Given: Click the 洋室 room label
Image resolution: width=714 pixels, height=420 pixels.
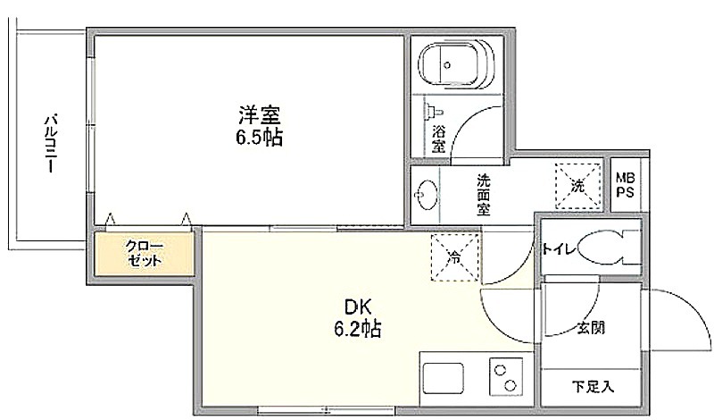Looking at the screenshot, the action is [259, 115].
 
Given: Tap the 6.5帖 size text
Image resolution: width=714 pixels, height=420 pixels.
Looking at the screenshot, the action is [259, 138].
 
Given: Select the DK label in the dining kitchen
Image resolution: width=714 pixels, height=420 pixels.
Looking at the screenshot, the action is [358, 307].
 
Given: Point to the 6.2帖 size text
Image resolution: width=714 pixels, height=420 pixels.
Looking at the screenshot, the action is [358, 328].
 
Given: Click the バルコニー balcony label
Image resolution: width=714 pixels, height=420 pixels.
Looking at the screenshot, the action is [51, 144].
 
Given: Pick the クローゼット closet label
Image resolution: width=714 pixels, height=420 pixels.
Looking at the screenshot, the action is [144, 254].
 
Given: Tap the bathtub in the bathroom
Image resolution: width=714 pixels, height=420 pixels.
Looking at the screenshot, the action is [456, 64].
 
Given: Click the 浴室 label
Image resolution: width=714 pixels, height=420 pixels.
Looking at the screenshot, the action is [438, 139].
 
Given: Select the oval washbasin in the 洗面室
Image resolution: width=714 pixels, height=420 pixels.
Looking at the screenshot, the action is [427, 195].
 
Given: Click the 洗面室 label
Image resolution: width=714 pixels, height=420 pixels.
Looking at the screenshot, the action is [483, 195].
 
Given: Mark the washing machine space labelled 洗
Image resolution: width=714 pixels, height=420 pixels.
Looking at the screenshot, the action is [577, 186].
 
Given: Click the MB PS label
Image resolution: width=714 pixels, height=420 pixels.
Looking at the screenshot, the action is [626, 185].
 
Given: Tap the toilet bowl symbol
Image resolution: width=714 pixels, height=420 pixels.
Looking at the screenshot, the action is [608, 248].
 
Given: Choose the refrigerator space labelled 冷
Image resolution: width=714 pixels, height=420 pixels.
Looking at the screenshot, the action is [454, 257].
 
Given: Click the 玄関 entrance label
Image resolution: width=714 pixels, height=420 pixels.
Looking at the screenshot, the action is [591, 327].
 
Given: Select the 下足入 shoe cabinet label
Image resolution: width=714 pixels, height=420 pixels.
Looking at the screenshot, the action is [593, 387].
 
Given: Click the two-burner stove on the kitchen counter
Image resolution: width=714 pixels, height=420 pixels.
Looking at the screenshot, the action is [506, 377].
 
